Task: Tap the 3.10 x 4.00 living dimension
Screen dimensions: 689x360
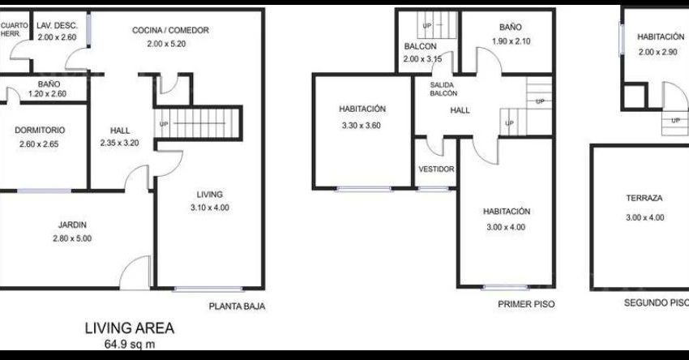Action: click(x=210, y=208)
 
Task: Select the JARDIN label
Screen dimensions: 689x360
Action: click(x=72, y=225)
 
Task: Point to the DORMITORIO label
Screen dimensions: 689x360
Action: click(x=40, y=130)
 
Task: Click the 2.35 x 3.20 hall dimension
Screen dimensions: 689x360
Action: click(x=119, y=143)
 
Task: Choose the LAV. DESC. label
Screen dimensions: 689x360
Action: click(x=57, y=25)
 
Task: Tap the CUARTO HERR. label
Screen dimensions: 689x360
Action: click(x=14, y=29)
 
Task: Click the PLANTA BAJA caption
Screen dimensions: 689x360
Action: click(x=237, y=306)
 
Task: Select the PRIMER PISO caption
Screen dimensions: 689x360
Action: click(x=526, y=304)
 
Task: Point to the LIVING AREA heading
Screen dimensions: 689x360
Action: click(x=130, y=328)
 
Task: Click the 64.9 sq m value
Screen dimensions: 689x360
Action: click(x=130, y=344)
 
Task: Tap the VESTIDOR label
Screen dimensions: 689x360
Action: click(x=436, y=169)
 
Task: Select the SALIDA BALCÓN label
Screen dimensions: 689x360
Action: click(x=443, y=89)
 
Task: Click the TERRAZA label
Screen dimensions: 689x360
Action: click(x=644, y=198)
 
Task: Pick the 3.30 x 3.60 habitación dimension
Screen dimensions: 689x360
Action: click(x=362, y=126)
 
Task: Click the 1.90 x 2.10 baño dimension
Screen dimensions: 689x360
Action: click(x=511, y=41)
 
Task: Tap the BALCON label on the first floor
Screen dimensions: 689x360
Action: click(x=421, y=46)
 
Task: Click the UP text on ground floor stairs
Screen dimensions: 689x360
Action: click(x=164, y=124)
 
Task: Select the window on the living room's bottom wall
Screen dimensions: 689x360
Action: click(x=208, y=289)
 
